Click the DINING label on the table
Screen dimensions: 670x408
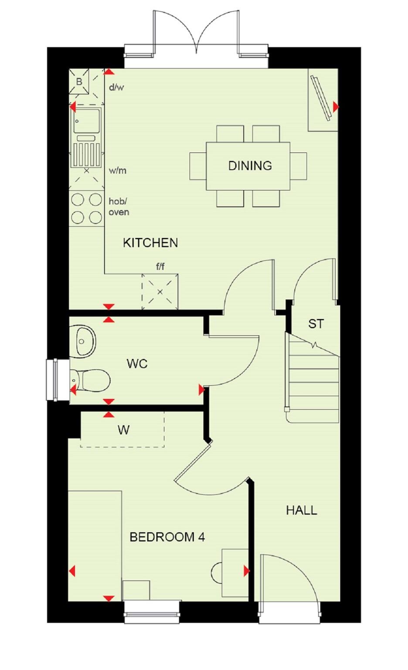point(250,165)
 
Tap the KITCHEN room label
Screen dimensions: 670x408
point(150,243)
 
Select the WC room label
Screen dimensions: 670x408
point(137,363)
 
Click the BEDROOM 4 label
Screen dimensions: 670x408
point(167,537)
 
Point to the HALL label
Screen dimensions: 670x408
point(301,510)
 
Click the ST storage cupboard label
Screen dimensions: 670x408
point(316,324)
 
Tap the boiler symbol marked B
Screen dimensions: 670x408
point(80,81)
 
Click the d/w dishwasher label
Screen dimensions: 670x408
point(116,87)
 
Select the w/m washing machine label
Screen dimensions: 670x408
point(117,171)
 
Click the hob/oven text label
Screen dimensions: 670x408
point(119,207)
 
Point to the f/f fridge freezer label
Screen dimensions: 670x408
point(160,267)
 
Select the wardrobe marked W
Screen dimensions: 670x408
point(123,430)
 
